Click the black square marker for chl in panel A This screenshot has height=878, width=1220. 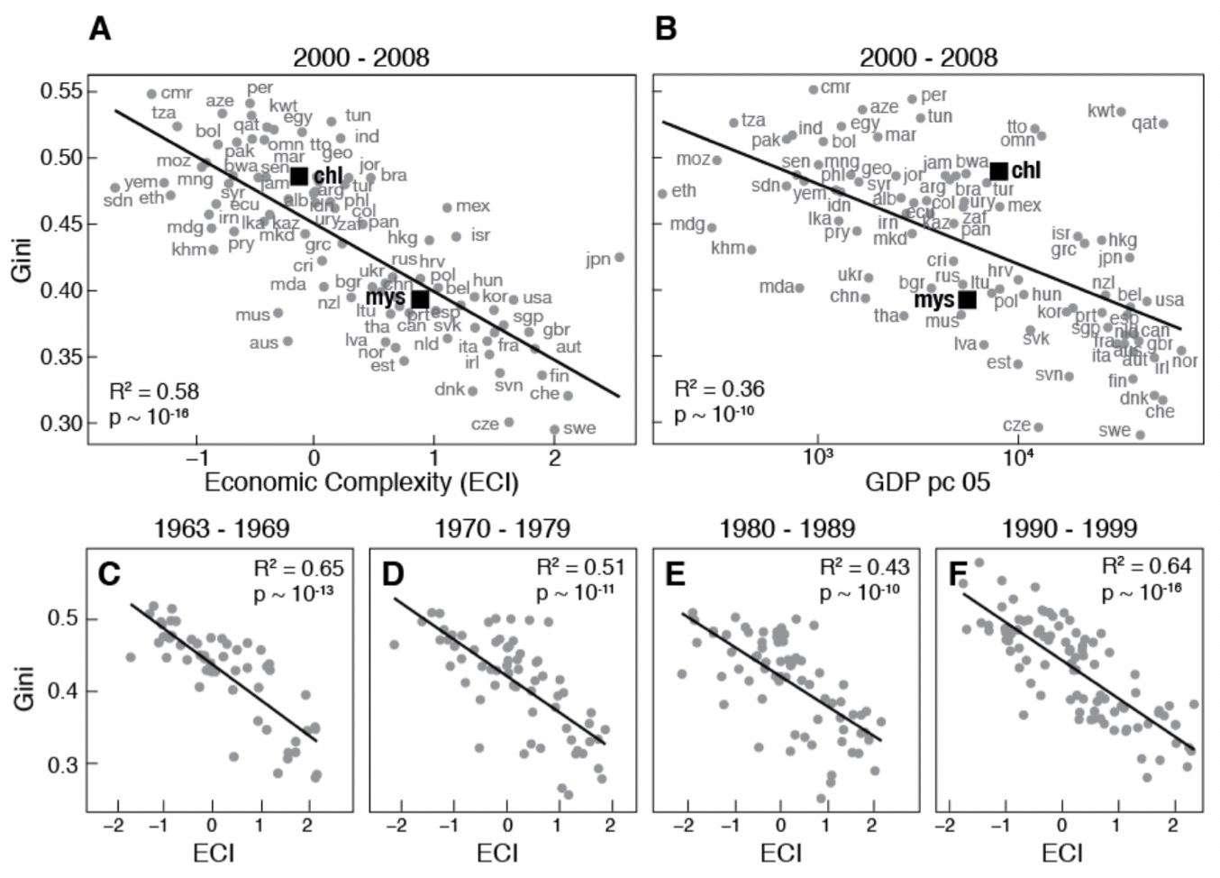pos(299,176)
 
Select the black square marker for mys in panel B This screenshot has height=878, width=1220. pos(967,299)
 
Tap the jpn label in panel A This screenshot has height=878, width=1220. pos(598,260)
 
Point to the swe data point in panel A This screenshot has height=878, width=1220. pos(554,430)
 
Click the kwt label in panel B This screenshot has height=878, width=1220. pos(1101,111)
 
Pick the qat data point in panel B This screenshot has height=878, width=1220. pos(1163,123)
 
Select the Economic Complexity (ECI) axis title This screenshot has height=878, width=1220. pos(361,482)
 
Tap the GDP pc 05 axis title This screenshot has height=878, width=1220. pos(927,482)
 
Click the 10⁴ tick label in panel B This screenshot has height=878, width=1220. pos(1017,457)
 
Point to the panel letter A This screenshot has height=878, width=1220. pos(100,29)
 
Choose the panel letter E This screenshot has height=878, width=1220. pos(675,573)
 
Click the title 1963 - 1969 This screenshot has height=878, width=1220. pos(222,528)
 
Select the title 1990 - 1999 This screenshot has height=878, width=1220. pos(1070,528)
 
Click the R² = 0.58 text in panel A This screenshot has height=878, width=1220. pos(154,391)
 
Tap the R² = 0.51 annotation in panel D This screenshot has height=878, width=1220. pos(579,567)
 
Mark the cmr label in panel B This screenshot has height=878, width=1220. pos(835,87)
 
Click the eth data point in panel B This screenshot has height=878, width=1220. pos(662,194)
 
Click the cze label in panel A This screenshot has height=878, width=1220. pos(485,424)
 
